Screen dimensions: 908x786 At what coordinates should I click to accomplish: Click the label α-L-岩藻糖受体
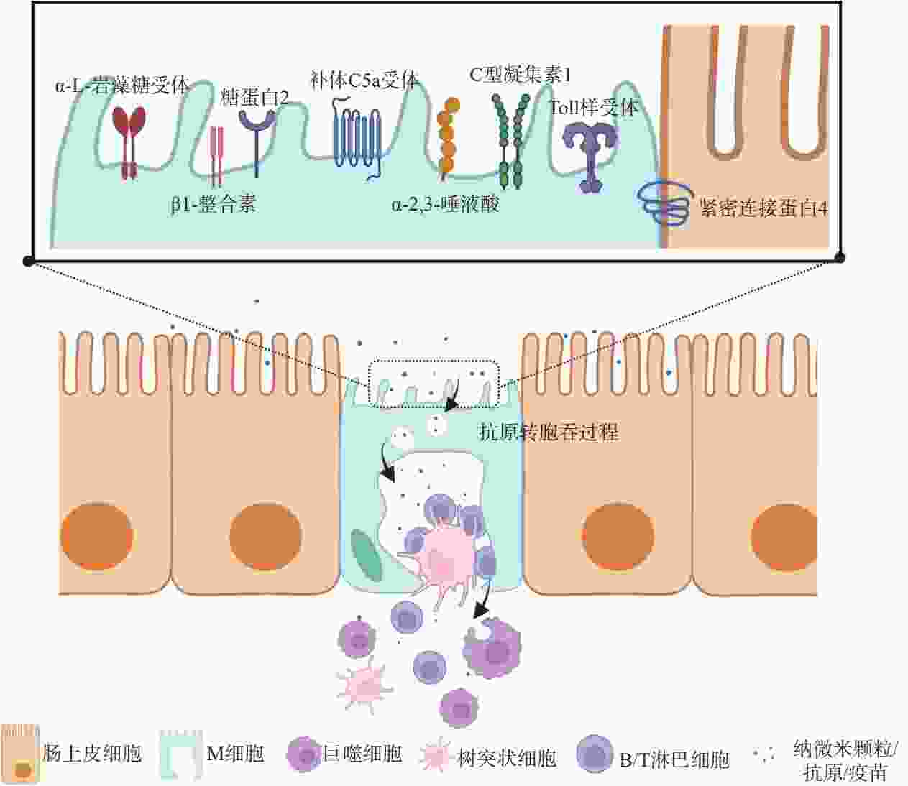123,85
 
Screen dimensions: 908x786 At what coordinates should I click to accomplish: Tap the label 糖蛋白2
254,98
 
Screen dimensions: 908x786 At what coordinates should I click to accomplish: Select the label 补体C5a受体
365,80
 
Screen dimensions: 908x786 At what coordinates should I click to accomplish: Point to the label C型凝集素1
520,75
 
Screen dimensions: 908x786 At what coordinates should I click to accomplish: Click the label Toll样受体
594,108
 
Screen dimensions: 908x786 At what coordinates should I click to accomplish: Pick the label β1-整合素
214,204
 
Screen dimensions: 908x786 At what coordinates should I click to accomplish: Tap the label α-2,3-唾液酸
446,204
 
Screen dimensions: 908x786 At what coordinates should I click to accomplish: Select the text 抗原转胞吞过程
549,433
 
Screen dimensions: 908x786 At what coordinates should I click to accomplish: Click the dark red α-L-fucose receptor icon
129,142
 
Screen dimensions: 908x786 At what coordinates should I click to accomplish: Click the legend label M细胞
236,754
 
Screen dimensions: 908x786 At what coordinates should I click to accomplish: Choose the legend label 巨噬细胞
363,754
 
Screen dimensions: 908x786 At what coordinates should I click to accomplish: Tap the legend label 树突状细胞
508,758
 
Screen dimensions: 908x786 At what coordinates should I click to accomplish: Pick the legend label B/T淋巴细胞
675,760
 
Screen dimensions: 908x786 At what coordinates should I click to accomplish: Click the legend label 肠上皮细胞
92,754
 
